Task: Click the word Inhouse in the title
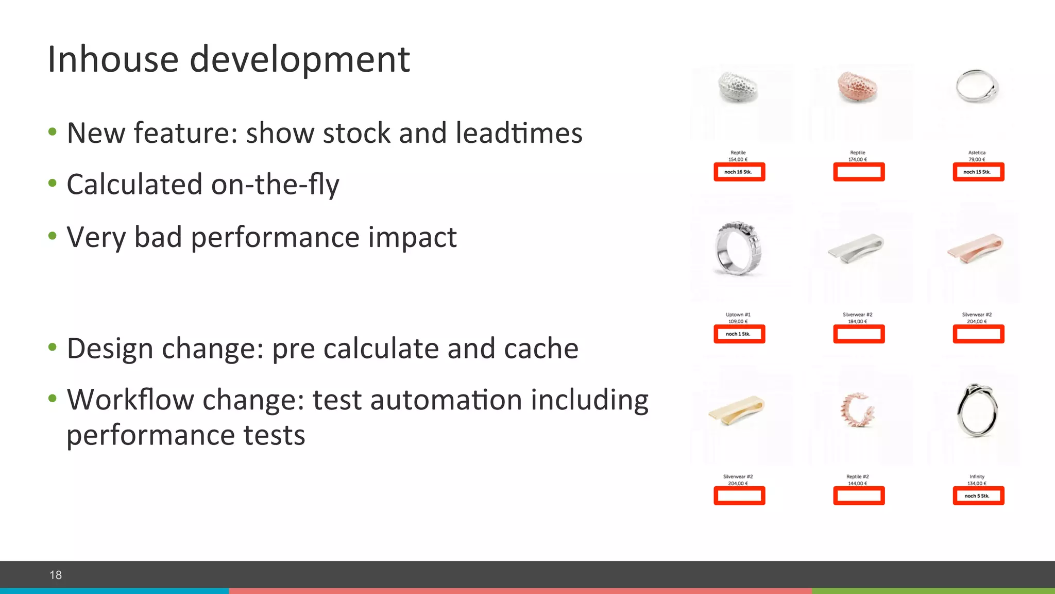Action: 113,59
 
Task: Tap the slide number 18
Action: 56,575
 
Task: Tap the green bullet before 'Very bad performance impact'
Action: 52,237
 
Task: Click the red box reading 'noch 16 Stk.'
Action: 739,172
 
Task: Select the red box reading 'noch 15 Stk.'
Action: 978,172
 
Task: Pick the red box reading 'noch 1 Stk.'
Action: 739,334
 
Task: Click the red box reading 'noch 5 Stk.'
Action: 978,496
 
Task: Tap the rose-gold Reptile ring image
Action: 858,87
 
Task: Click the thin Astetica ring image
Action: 977,86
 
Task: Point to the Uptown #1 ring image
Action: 738,248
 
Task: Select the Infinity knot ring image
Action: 977,410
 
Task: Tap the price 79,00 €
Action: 977,159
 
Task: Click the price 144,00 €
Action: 858,483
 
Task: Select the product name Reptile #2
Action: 858,476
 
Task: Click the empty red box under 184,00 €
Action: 859,334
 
